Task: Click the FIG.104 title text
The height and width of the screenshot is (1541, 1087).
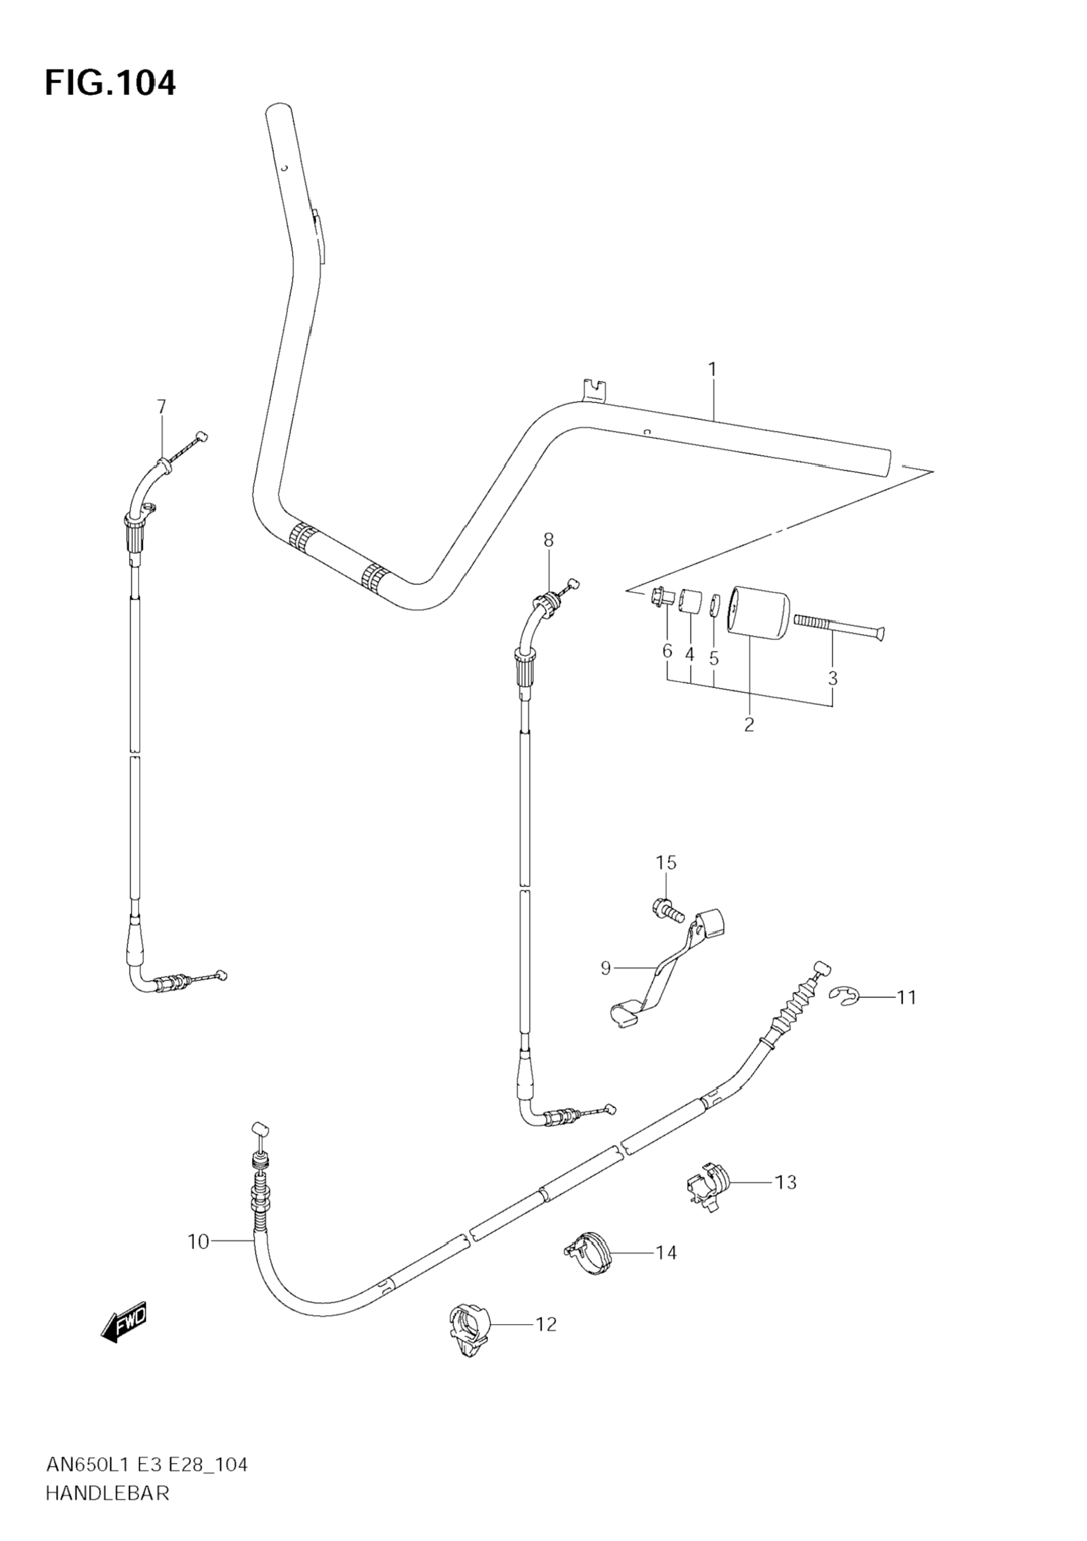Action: pos(110,84)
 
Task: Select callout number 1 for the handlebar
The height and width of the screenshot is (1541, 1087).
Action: pos(712,370)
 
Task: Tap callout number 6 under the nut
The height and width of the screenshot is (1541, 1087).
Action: pos(667,650)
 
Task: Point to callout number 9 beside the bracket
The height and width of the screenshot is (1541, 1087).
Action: pos(606,968)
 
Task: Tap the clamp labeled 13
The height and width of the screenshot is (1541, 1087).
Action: pos(709,1187)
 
